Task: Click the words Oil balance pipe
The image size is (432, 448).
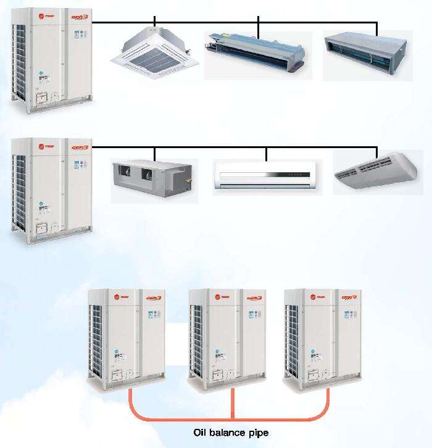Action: (x=231, y=433)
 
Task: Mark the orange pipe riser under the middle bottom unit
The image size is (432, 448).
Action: (x=233, y=404)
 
